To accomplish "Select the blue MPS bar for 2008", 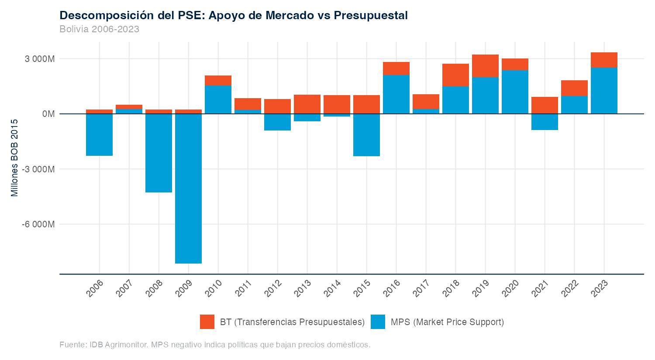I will (x=159, y=153).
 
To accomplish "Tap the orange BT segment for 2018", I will (x=455, y=75).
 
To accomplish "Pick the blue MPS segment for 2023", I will (x=604, y=91).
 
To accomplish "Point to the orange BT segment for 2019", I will (x=485, y=66).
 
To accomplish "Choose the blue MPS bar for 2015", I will (x=366, y=135).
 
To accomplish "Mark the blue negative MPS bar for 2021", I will (x=545, y=122).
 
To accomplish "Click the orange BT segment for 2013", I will (x=307, y=104).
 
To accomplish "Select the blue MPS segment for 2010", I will (x=218, y=99).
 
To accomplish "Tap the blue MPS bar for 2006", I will (x=99, y=134).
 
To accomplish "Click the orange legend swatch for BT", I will (x=207, y=322).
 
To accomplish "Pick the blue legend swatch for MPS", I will (x=378, y=322).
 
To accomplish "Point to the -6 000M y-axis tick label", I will (x=39, y=224).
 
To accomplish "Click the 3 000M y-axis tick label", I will (x=40, y=59).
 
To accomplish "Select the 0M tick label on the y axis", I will (x=48, y=114).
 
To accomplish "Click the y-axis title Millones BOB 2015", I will (x=15, y=158).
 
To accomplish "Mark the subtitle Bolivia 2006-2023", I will (x=99, y=29).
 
